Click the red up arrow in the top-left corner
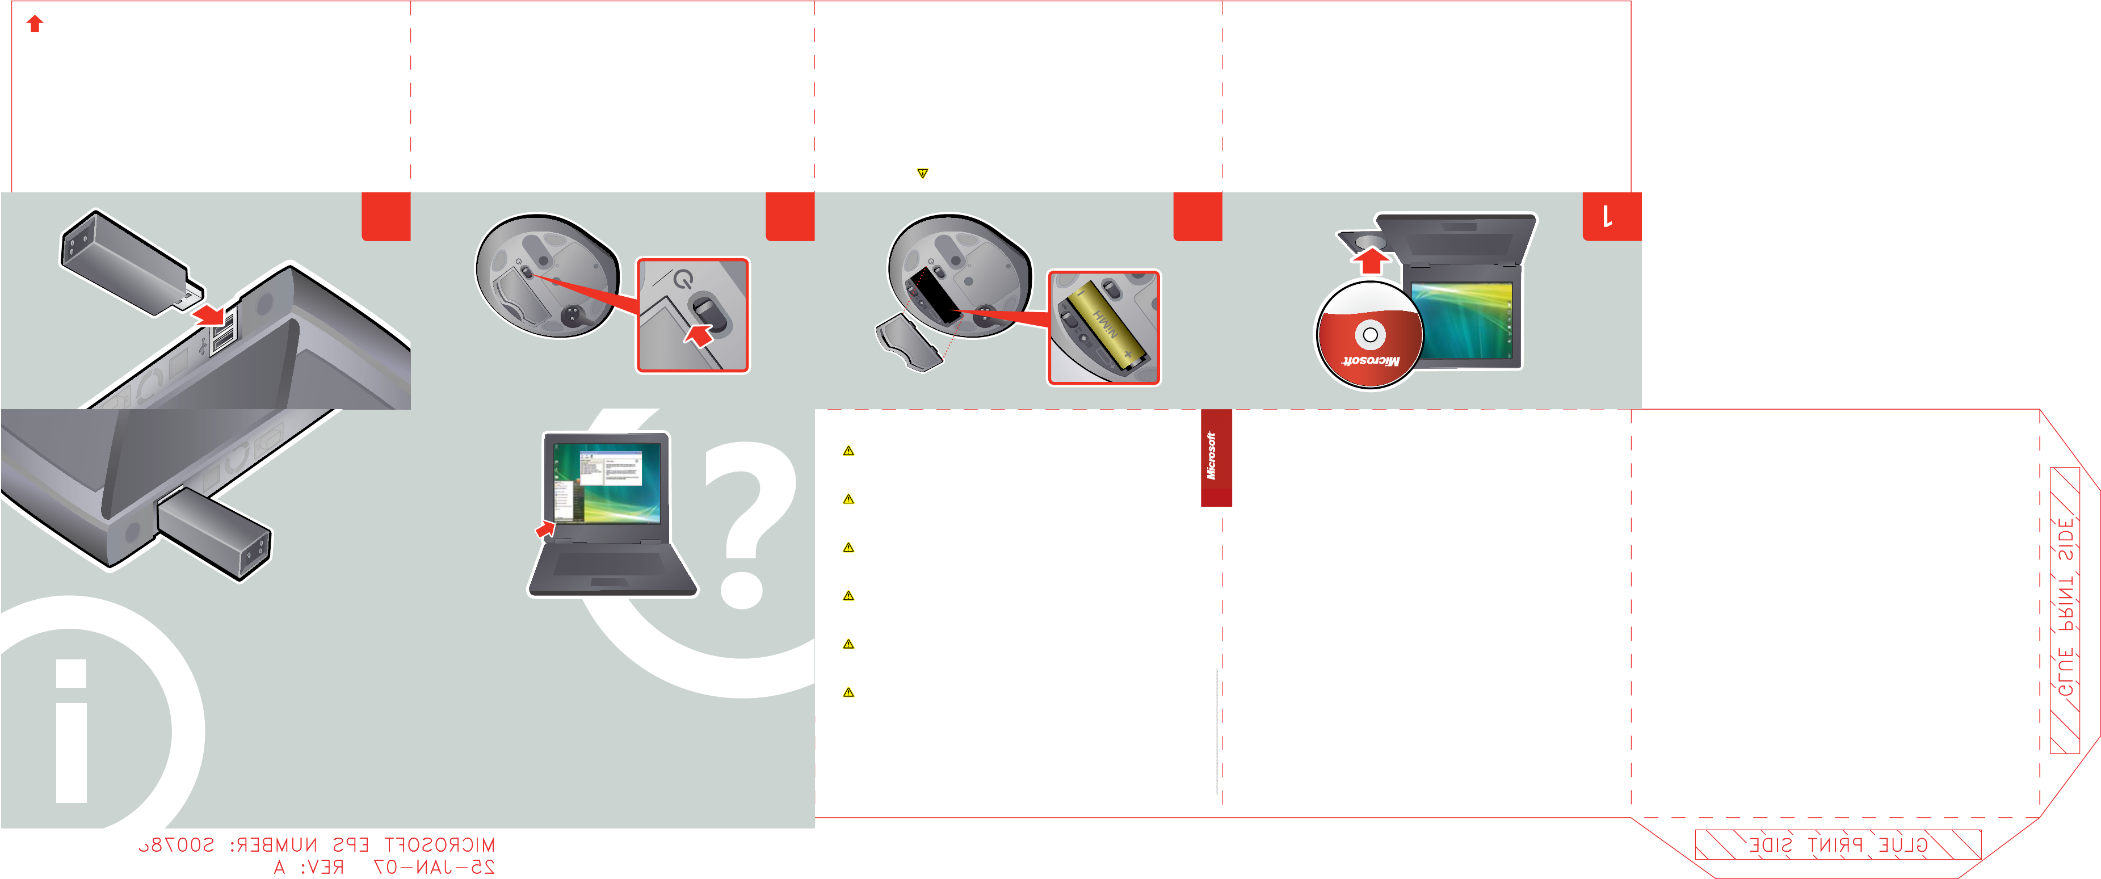(34, 24)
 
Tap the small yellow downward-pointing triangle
(922, 173)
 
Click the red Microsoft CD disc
(1369, 335)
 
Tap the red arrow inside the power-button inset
(699, 334)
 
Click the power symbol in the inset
(683, 280)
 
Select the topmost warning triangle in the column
(848, 451)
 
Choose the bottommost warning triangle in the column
(848, 692)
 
